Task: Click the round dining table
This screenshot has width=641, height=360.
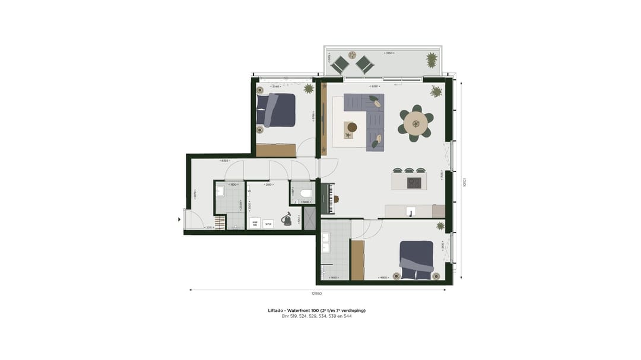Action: [415, 123]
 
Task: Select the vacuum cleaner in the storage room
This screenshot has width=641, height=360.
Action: [287, 219]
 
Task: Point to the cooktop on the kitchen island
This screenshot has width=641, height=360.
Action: [414, 183]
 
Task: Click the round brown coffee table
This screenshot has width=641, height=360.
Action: [352, 127]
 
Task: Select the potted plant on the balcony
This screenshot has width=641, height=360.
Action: [431, 59]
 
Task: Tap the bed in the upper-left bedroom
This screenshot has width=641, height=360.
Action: [277, 110]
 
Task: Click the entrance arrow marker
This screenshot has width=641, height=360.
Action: [180, 219]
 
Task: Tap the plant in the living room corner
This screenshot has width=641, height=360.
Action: [436, 91]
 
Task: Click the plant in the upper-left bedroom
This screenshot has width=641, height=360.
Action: [309, 89]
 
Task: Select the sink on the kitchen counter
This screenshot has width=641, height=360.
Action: [410, 211]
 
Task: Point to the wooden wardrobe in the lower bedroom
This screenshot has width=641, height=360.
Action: [357, 260]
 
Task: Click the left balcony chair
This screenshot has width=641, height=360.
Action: [340, 63]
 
